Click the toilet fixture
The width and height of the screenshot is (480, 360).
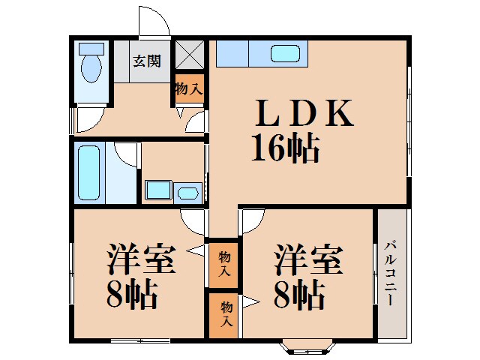[x=92, y=64]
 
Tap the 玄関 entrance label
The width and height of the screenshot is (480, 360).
[x=147, y=61]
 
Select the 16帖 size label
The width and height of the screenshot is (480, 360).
[x=285, y=149]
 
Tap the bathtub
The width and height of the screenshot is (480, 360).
[x=89, y=172]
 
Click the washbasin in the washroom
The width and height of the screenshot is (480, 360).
[x=188, y=193]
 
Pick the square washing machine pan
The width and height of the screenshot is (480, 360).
[x=157, y=190]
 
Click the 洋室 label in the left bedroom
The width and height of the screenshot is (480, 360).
[x=140, y=259]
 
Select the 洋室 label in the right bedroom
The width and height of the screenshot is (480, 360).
[x=307, y=259]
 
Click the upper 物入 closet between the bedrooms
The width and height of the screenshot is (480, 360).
[x=224, y=264]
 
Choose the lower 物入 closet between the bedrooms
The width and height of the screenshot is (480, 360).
[x=224, y=315]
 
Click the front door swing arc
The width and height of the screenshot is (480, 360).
[x=154, y=21]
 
